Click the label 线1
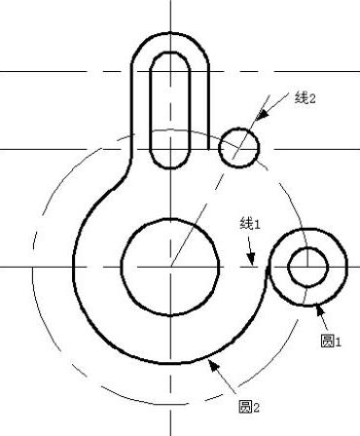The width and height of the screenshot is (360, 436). point(250,224)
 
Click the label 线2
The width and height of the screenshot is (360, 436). point(305,97)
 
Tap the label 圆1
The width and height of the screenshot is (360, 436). point(331,342)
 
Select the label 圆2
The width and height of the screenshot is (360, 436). point(249,407)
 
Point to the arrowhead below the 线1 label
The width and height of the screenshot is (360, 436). point(250,258)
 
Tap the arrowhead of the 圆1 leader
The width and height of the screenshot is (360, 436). point(320,310)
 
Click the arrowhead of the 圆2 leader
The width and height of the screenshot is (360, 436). point(213,365)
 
